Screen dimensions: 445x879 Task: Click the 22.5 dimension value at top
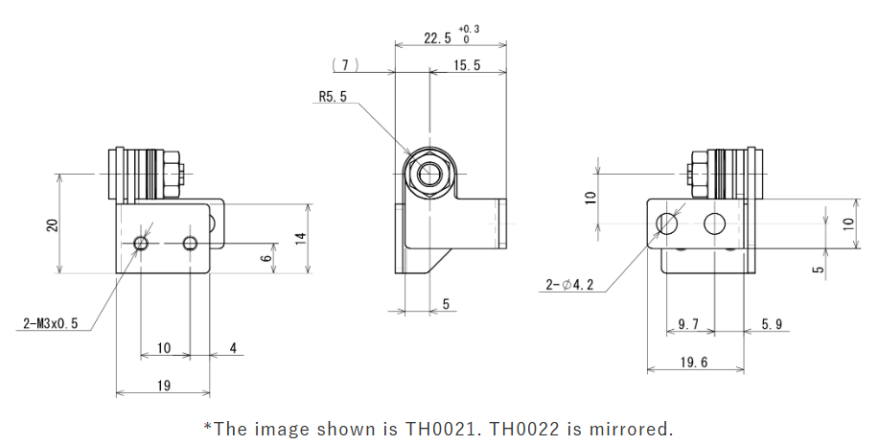click(x=437, y=38)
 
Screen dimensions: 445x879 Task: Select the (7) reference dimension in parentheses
click(x=344, y=65)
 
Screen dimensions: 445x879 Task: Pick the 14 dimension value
click(x=300, y=238)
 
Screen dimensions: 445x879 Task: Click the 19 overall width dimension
click(x=163, y=385)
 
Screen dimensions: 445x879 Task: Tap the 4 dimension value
click(x=233, y=347)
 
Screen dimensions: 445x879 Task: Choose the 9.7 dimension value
click(x=688, y=324)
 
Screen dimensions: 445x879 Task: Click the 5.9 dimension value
click(x=772, y=324)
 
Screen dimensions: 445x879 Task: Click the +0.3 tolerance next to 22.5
click(x=470, y=29)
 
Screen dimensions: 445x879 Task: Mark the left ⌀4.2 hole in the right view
click(x=667, y=224)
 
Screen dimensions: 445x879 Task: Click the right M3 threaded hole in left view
click(x=190, y=242)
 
